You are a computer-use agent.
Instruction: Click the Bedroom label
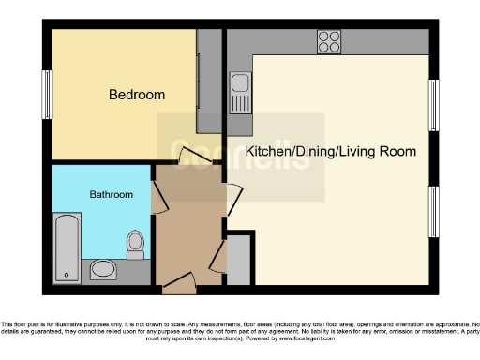[137, 95]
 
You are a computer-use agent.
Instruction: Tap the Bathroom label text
[111, 194]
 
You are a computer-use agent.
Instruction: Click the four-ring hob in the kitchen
[329, 41]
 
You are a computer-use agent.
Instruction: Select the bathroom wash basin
[103, 271]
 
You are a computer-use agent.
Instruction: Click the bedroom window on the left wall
[44, 96]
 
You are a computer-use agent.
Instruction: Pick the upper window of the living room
[434, 105]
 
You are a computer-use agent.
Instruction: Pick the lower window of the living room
[434, 213]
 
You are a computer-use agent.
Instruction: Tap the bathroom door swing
[159, 194]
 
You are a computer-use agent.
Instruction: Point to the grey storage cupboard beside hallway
[238, 261]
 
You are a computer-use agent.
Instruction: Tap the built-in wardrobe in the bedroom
[209, 82]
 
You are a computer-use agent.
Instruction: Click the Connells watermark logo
[240, 156]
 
